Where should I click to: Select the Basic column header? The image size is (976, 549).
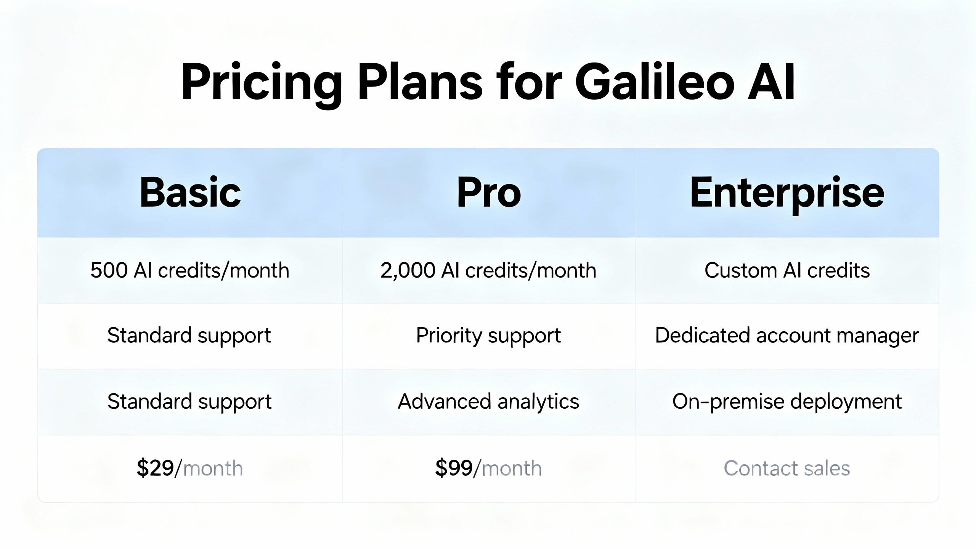[x=190, y=193]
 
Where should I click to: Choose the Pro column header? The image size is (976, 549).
[x=489, y=193]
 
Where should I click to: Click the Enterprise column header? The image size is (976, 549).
[x=787, y=193]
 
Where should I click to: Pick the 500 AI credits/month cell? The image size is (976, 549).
[x=190, y=271]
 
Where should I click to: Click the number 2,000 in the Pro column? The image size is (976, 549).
[x=408, y=271]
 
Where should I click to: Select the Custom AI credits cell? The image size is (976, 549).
[x=787, y=271]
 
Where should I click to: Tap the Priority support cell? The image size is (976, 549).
[x=488, y=336]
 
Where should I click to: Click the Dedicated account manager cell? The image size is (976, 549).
[x=787, y=336]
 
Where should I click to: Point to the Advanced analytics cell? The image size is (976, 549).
[x=488, y=402]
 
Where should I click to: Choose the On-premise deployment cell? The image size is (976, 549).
[x=787, y=402]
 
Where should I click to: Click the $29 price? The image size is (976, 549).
[x=155, y=468]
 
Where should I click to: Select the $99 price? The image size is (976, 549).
[x=454, y=468]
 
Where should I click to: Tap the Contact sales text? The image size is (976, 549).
[x=787, y=468]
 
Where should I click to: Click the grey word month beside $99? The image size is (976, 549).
[x=512, y=469]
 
